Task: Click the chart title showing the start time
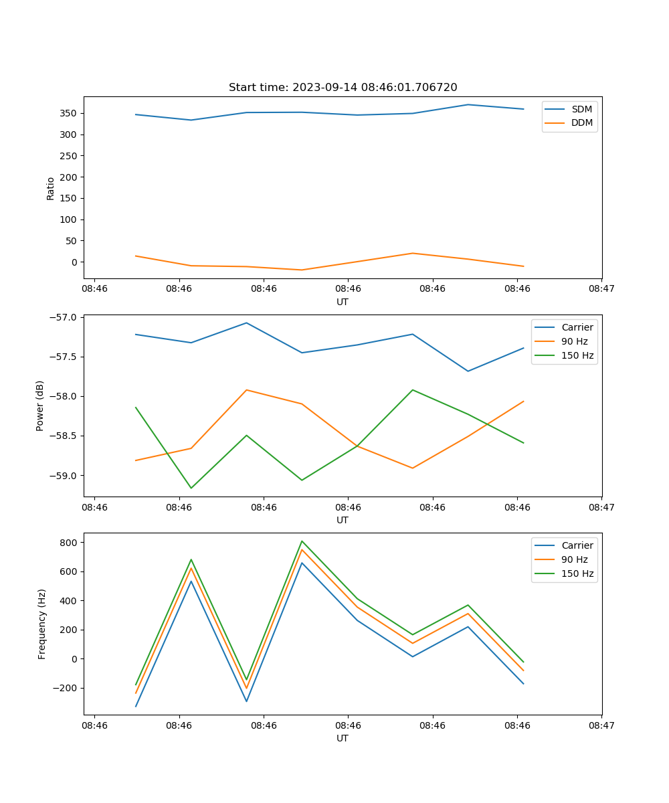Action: (x=343, y=88)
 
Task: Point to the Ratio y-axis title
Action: (x=51, y=188)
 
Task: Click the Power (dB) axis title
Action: (x=40, y=406)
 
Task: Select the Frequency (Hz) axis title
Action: (x=42, y=624)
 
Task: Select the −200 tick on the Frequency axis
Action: (x=66, y=688)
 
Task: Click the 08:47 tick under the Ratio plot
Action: (x=601, y=289)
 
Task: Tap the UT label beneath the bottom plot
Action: (x=343, y=738)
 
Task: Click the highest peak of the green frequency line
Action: (x=302, y=541)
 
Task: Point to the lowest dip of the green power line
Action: (x=191, y=488)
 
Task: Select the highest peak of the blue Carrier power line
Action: (x=246, y=323)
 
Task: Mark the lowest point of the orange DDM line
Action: (x=302, y=270)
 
